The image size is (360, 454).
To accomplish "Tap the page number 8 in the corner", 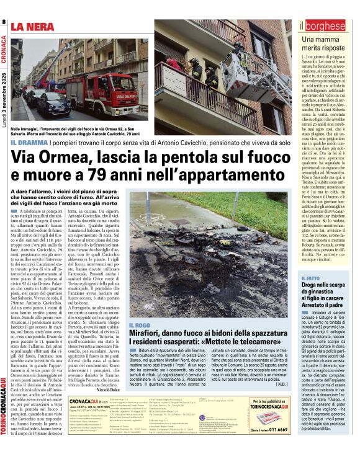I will [x=4, y=22].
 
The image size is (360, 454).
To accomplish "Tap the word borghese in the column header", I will [x=325, y=26].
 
